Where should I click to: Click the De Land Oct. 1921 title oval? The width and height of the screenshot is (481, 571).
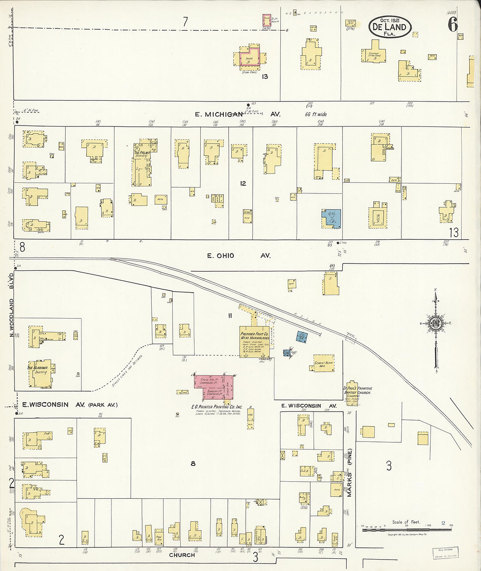pos(390,27)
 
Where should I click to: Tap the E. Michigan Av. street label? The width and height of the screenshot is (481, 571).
pos(237,114)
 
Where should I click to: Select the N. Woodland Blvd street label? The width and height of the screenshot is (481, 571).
pos(12,305)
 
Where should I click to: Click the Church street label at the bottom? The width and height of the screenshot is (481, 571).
pos(182,555)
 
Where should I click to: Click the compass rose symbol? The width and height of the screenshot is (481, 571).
pos(435,324)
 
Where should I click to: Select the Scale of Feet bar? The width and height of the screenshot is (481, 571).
pos(407,529)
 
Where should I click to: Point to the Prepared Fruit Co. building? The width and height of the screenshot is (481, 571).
pos(254,342)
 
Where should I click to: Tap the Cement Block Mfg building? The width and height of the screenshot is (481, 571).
pos(324,363)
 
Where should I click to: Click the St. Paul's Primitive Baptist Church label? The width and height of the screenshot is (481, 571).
pos(358,390)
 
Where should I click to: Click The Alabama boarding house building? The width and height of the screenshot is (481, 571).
pos(41,374)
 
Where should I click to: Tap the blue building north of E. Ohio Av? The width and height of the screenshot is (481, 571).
pos(331,219)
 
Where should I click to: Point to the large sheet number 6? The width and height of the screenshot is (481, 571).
pos(452,25)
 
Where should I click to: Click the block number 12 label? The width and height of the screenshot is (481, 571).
pos(243,183)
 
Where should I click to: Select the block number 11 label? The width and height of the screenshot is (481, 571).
pos(230,315)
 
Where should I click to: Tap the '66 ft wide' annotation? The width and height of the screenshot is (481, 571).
pos(316,114)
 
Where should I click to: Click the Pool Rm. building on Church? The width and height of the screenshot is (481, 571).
pos(159,535)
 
